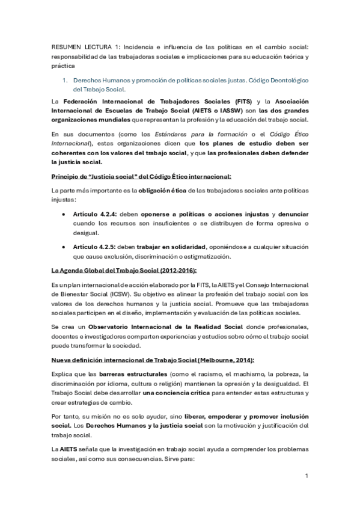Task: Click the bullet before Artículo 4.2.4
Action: tap(65, 214)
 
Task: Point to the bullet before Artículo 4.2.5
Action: tap(65, 248)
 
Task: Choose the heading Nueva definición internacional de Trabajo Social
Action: tap(153, 360)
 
